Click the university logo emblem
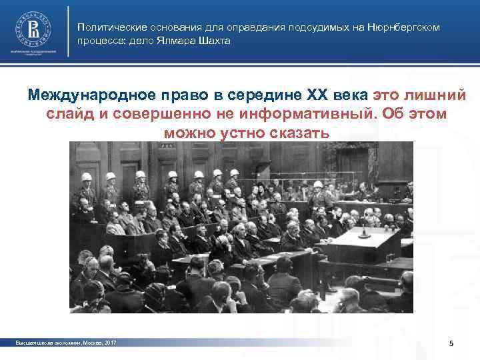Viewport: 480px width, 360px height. tap(32, 30)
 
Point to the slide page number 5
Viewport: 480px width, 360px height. tap(451, 343)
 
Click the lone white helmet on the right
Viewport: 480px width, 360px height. tap(319, 185)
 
